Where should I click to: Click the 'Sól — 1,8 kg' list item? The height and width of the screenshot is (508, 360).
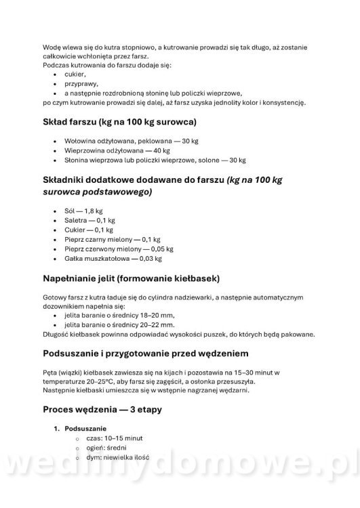[79, 211]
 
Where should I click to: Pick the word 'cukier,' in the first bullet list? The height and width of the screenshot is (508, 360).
[75, 74]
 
